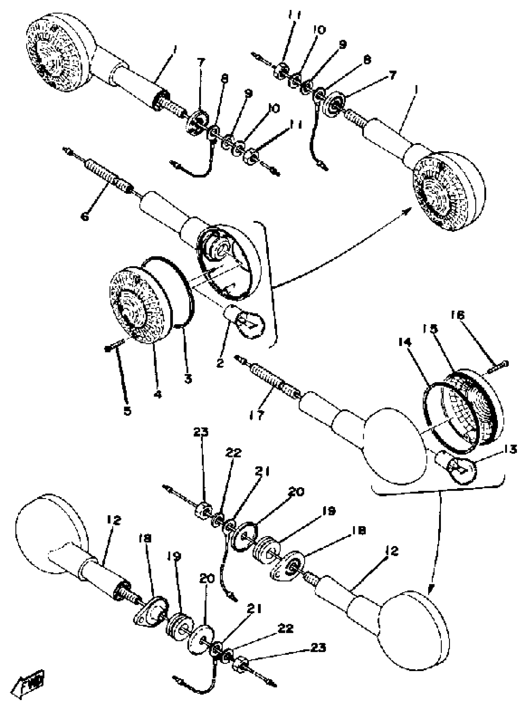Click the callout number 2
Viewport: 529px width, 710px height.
pyautogui.click(x=220, y=363)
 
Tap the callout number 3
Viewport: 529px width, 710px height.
pyautogui.click(x=188, y=379)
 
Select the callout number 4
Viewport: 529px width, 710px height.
pyautogui.click(x=157, y=395)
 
